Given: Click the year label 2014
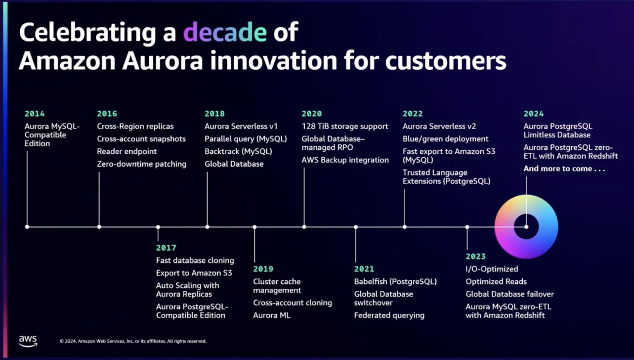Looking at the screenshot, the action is pos(35,114).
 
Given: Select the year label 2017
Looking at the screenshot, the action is pos(166,248).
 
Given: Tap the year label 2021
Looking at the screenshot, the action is pos(364,269).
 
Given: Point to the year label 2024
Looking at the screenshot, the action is pos(534,114).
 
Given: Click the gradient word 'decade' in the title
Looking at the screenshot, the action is pos(225,32).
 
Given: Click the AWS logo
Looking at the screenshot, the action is pos(28,341).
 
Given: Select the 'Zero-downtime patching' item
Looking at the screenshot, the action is pos(141,164).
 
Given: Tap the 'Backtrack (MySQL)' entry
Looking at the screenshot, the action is pos(238,151).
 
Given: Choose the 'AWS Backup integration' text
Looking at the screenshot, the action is pos(345,160).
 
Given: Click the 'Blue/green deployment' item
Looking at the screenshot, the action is pos(446,139).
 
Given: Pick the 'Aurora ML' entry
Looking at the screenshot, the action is pos(272,315).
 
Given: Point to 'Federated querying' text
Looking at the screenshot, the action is pos(389,315).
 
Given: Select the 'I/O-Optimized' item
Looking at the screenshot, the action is pos(492,269).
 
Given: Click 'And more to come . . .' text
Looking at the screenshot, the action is pos(564,169).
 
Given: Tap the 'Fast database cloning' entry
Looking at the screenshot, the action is pos(195,261).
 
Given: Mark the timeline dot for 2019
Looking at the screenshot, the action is pos(254,227).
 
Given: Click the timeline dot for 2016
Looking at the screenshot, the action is pos(99,227).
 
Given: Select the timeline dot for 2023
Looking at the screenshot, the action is pos(467,227).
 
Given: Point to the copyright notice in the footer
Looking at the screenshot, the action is pos(133,341).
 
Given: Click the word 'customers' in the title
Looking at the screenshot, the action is pos(446,61).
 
